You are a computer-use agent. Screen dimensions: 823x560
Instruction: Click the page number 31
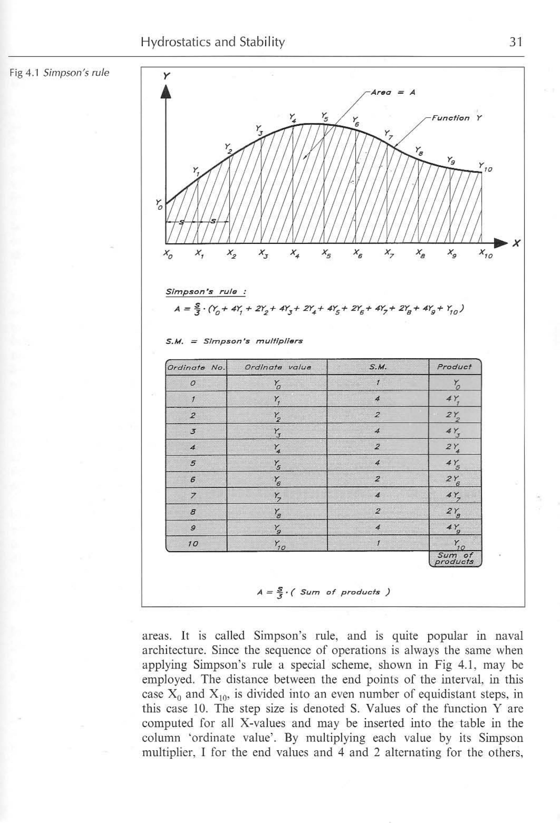pos(515,42)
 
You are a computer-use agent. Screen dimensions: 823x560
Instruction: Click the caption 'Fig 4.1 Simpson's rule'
pos(59,73)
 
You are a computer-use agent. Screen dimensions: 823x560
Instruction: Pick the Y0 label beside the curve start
pos(159,204)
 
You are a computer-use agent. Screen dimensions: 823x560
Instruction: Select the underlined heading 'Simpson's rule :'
pos(206,292)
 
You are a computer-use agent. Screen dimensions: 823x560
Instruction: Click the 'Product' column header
pos(454,367)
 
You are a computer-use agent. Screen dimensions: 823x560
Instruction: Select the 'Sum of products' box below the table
pos(455,559)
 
